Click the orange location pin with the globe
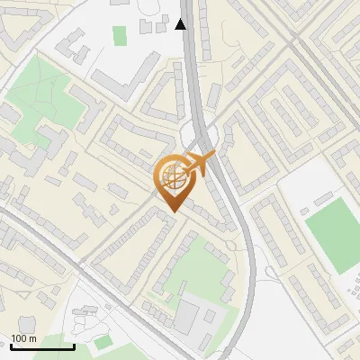point(173,184)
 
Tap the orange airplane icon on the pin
point(200,163)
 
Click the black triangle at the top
point(181,24)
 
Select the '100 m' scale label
point(24,337)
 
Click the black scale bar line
point(41,346)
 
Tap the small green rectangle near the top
point(120,35)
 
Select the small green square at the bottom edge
point(103,342)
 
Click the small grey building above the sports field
point(321,197)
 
